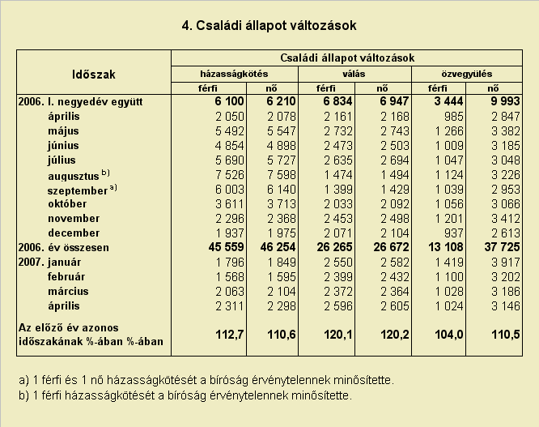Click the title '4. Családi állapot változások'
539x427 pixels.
click(x=269, y=25)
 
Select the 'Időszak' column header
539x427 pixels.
click(x=94, y=75)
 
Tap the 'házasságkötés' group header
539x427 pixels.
click(x=234, y=74)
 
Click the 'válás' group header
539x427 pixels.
click(x=354, y=74)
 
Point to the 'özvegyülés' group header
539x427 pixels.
click(x=467, y=74)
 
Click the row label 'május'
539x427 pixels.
click(x=64, y=131)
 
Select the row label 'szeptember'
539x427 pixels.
click(x=78, y=190)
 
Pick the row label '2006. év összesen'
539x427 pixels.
click(x=64, y=247)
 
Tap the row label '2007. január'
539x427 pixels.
click(x=50, y=263)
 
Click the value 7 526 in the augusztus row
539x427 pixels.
click(x=230, y=175)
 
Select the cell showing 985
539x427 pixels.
click(x=453, y=117)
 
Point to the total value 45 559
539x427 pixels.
click(x=226, y=247)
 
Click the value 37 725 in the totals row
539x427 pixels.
click(x=503, y=247)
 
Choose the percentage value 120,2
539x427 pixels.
click(x=395, y=335)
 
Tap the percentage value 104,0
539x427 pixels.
click(x=449, y=335)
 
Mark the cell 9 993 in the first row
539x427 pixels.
click(x=506, y=101)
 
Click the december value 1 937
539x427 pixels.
click(x=230, y=233)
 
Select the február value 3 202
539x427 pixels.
click(x=506, y=277)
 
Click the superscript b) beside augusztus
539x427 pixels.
click(x=105, y=173)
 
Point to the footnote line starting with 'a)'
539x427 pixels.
click(x=206, y=380)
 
